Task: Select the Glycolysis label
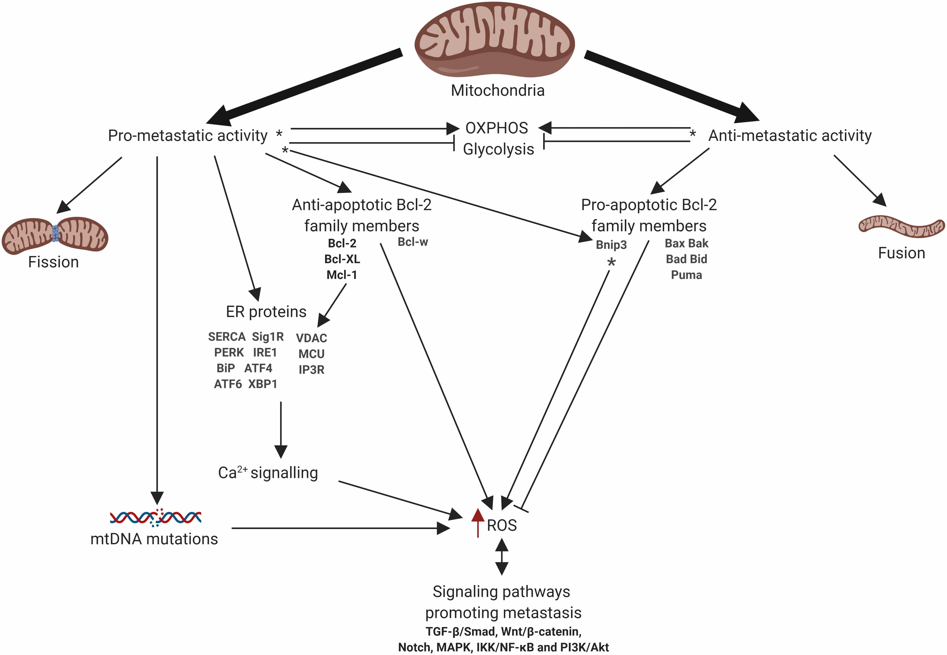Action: [x=498, y=149]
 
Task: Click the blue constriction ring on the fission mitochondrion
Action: [x=55, y=233]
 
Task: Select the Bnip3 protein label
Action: [x=611, y=245]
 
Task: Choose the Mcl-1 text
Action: [x=342, y=274]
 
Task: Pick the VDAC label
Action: [x=311, y=338]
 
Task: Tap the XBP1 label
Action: [x=262, y=384]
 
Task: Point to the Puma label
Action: [x=686, y=274]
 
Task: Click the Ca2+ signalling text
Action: [x=268, y=472]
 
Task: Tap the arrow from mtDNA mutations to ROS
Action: [x=340, y=528]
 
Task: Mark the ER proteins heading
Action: [x=266, y=311]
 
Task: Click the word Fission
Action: [x=53, y=262]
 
